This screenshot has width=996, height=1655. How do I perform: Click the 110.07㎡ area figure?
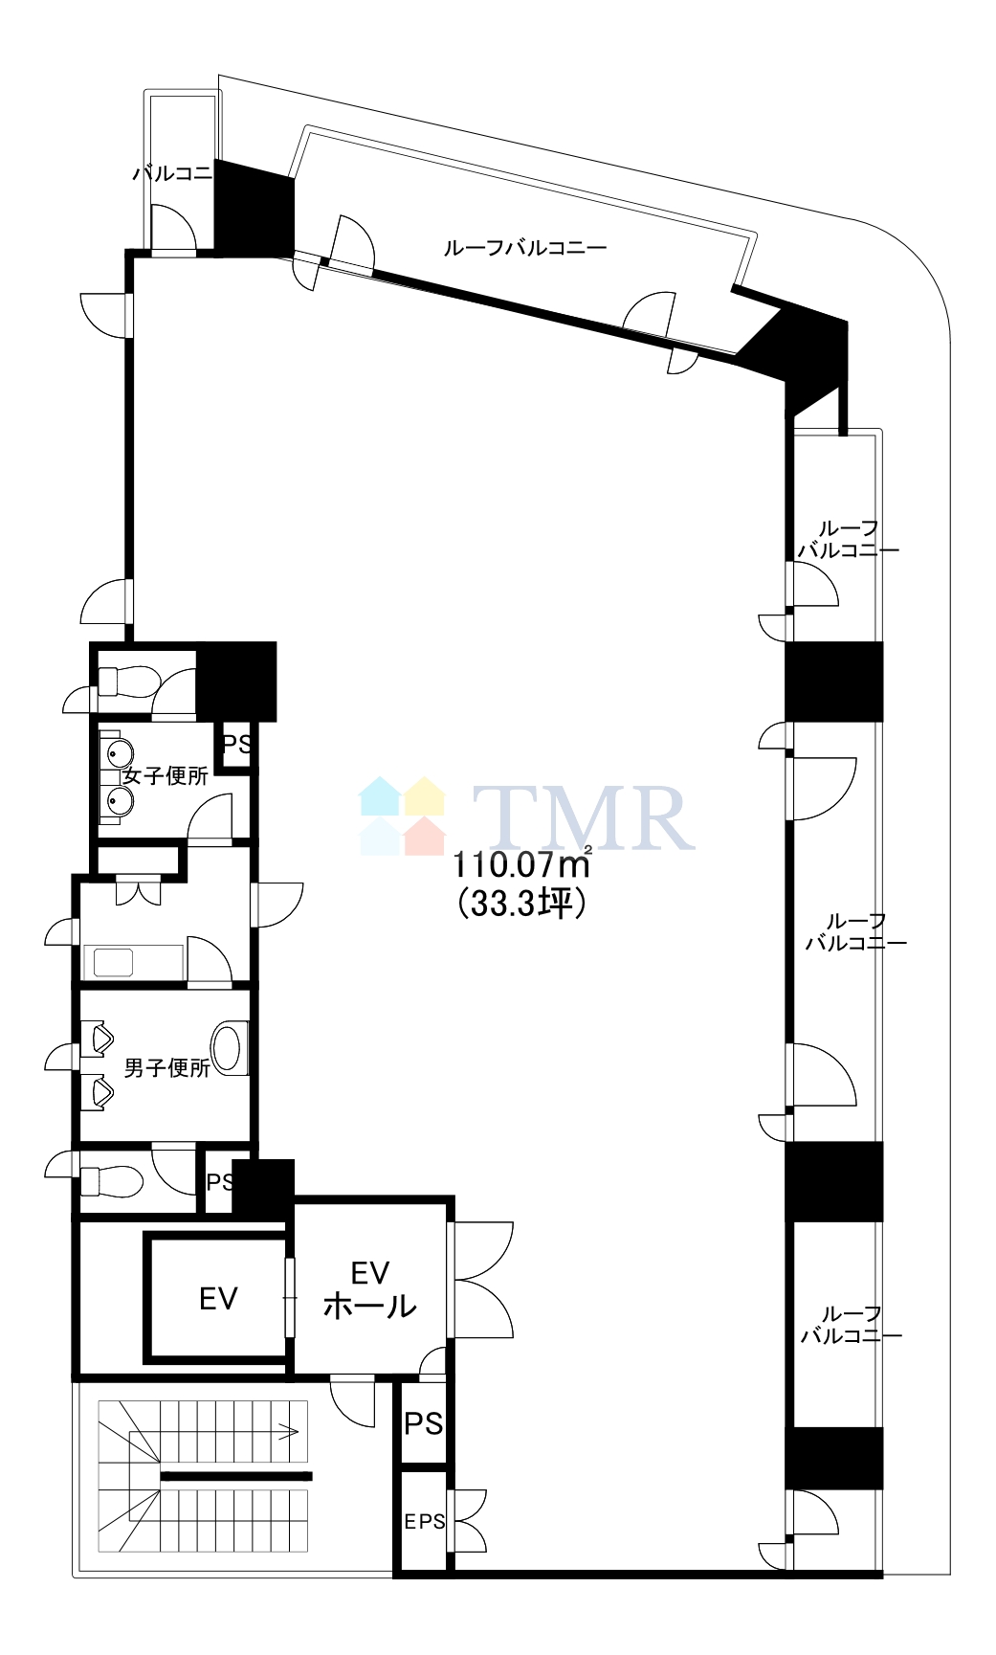pyautogui.click(x=521, y=864)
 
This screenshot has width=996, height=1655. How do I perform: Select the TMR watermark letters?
pyautogui.click(x=584, y=817)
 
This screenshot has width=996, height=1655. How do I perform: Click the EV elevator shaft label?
pyautogui.click(x=218, y=1298)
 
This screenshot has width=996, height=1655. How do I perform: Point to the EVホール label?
pyautogui.click(x=370, y=1289)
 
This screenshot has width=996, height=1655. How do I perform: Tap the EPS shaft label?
pyautogui.click(x=425, y=1521)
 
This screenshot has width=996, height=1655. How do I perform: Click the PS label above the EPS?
pyautogui.click(x=424, y=1423)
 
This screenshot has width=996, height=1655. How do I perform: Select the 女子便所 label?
pyautogui.click(x=166, y=776)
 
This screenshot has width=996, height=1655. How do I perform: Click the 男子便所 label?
pyautogui.click(x=167, y=1067)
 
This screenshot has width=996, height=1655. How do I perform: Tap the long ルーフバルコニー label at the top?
pyautogui.click(x=525, y=248)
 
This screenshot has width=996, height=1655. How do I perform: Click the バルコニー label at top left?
pyautogui.click(x=172, y=173)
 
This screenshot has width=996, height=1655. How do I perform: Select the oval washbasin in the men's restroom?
pyautogui.click(x=228, y=1048)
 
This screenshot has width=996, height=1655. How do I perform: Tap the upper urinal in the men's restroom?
pyautogui.click(x=98, y=1038)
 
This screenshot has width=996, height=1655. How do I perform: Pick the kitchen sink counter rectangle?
pyautogui.click(x=133, y=961)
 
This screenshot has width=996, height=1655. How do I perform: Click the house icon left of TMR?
pyautogui.click(x=403, y=816)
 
